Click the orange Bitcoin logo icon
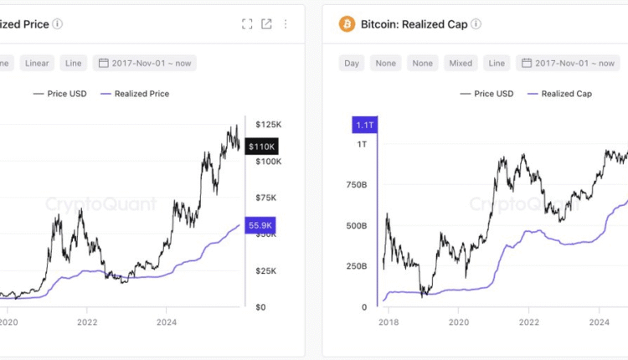pyautogui.click(x=347, y=24)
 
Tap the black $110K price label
pyautogui.click(x=263, y=146)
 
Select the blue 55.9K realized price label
pyautogui.click(x=260, y=225)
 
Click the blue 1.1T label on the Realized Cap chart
pyautogui.click(x=366, y=125)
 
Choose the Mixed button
pyautogui.click(x=461, y=63)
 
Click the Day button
pyautogui.click(x=352, y=63)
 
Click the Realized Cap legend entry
pyautogui.click(x=559, y=94)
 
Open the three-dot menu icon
pyautogui.click(x=286, y=24)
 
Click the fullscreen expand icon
pyautogui.click(x=247, y=24)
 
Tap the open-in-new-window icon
pyautogui.click(x=266, y=24)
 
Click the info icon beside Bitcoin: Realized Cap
pyautogui.click(x=476, y=24)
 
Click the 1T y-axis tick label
pyautogui.click(x=361, y=145)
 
